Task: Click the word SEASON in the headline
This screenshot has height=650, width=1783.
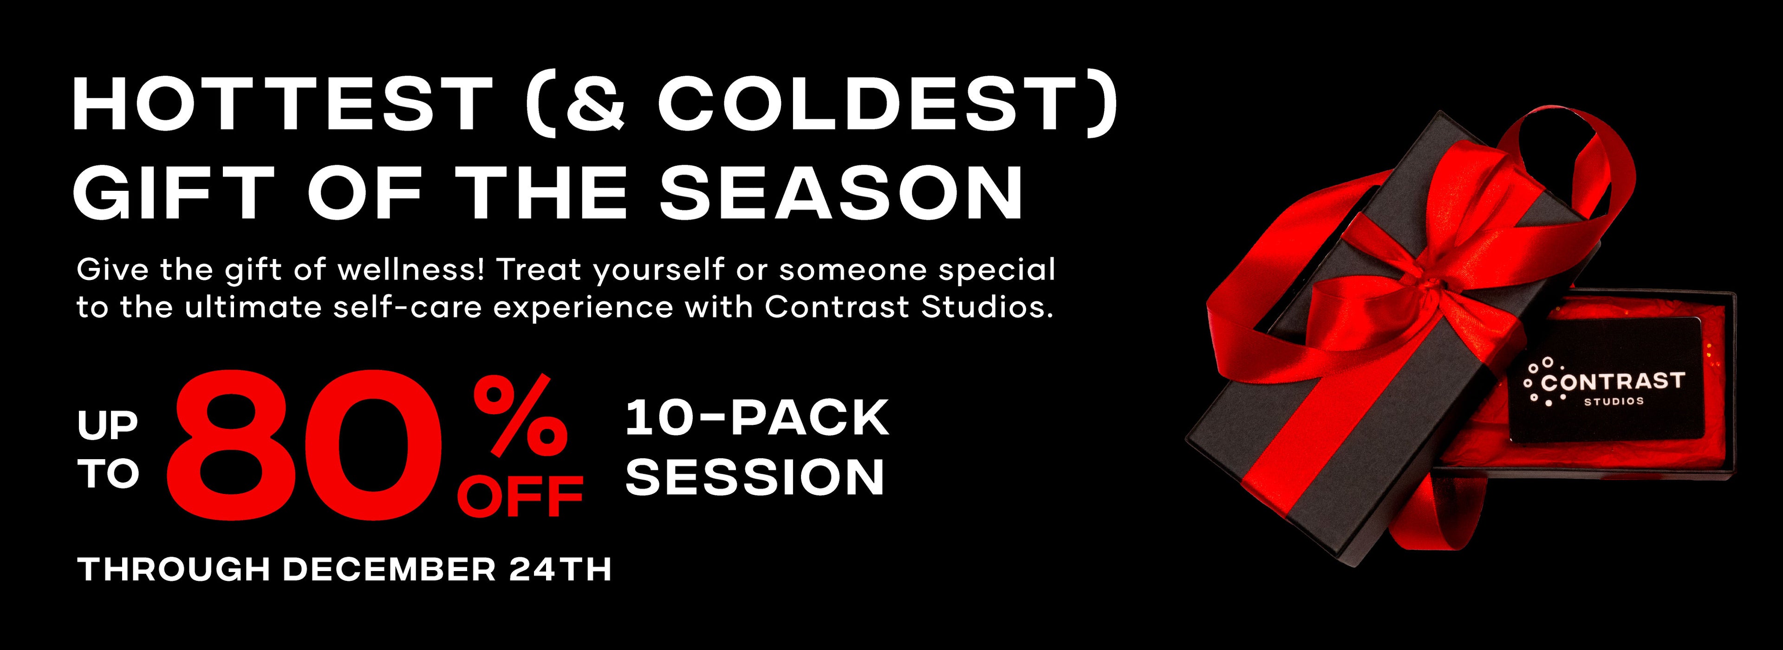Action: (x=841, y=190)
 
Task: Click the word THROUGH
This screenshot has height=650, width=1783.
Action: (x=174, y=570)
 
